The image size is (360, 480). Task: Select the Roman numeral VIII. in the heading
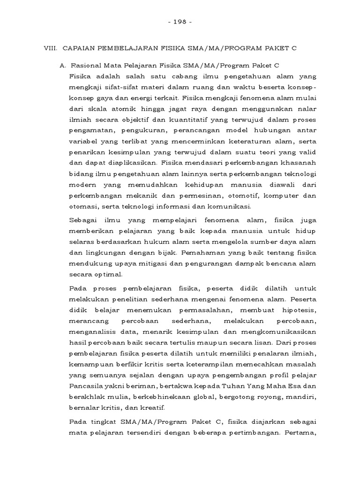pos(50,48)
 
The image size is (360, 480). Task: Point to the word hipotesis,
pos(296,311)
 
